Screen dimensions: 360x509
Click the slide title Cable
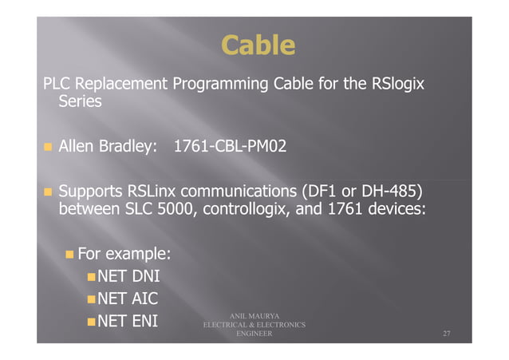click(x=258, y=45)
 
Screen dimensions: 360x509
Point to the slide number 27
click(x=448, y=334)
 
